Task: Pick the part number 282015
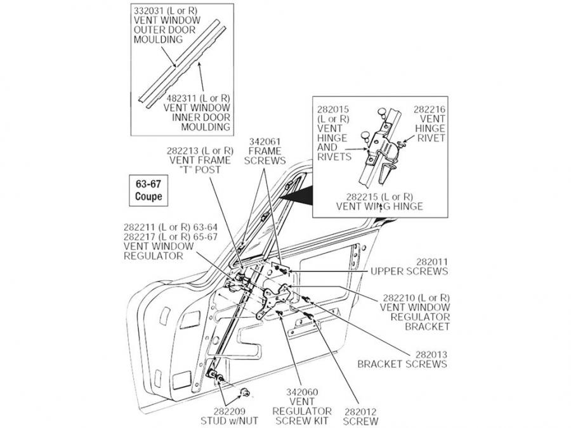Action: [x=332, y=110]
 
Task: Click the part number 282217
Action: [x=141, y=237]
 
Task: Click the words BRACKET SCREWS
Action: [x=402, y=364]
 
